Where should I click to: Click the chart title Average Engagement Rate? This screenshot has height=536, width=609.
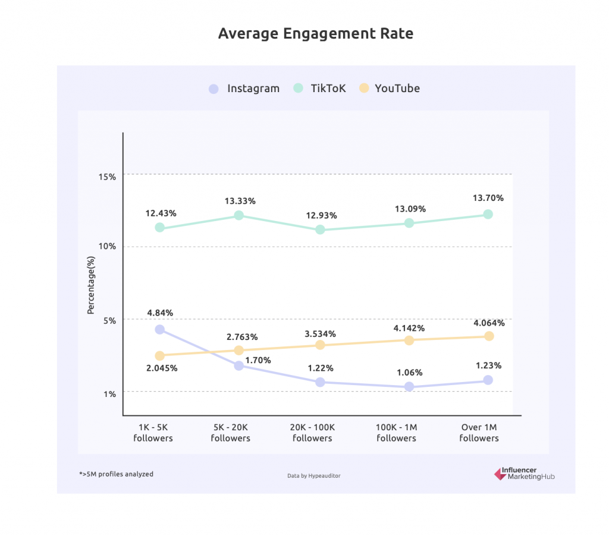(x=315, y=33)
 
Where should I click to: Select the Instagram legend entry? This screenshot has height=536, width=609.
(x=244, y=89)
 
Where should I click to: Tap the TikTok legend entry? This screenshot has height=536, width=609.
(x=320, y=89)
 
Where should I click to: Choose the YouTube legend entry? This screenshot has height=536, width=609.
(x=390, y=89)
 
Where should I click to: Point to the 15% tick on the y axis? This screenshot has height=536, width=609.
(x=108, y=176)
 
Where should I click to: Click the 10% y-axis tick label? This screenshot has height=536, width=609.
(x=108, y=247)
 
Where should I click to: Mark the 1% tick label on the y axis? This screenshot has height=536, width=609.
(x=109, y=393)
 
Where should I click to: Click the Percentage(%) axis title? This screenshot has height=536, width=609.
(x=91, y=283)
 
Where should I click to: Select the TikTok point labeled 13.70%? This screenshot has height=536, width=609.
(x=488, y=214)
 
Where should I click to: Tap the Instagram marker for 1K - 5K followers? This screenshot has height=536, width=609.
(x=159, y=329)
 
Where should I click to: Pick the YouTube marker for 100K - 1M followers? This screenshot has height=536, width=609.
(x=409, y=340)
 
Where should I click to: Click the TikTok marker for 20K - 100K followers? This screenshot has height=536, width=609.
(x=320, y=229)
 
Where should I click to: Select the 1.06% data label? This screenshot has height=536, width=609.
(x=409, y=373)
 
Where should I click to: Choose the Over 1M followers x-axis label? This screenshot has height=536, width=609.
(x=479, y=433)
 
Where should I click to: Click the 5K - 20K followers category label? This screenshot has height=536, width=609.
(x=230, y=433)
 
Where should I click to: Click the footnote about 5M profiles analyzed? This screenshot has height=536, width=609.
(x=116, y=474)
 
